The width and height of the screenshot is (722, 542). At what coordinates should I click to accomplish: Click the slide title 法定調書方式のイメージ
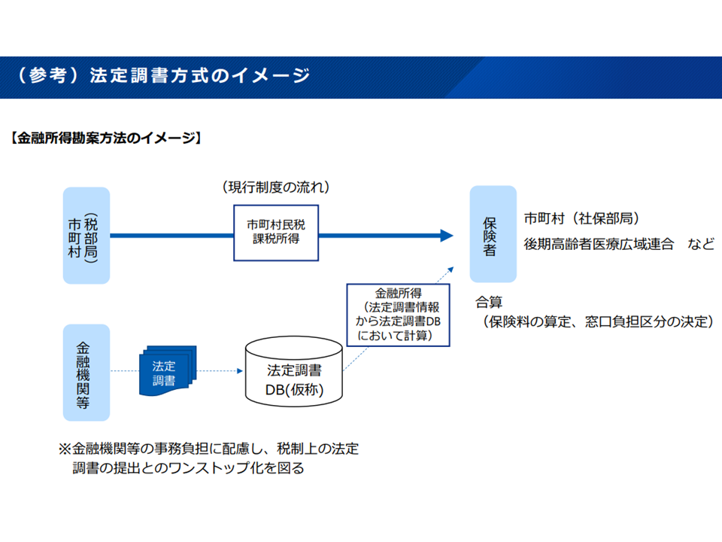199,76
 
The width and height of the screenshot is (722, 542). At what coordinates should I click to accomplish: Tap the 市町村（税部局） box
86,236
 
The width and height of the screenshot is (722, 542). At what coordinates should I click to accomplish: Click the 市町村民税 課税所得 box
275,233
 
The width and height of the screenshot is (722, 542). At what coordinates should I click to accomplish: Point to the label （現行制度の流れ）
275,186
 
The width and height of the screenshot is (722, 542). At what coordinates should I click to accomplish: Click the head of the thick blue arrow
446,236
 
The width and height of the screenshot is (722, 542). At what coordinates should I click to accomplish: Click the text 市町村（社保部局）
581,219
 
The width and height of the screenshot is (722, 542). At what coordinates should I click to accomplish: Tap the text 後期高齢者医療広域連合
599,244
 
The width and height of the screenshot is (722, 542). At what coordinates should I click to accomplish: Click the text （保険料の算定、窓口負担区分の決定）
597,321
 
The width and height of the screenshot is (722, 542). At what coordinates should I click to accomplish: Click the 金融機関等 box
86,372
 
